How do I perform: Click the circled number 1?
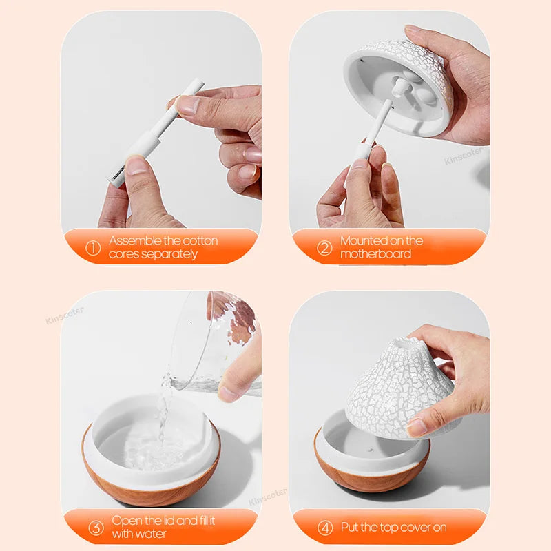click(93, 248)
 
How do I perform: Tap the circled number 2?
click(324, 248)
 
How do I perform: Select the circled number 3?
click(96, 528)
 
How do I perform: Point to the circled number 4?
click(324, 528)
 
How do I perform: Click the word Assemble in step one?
click(134, 241)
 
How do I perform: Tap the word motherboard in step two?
click(375, 254)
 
